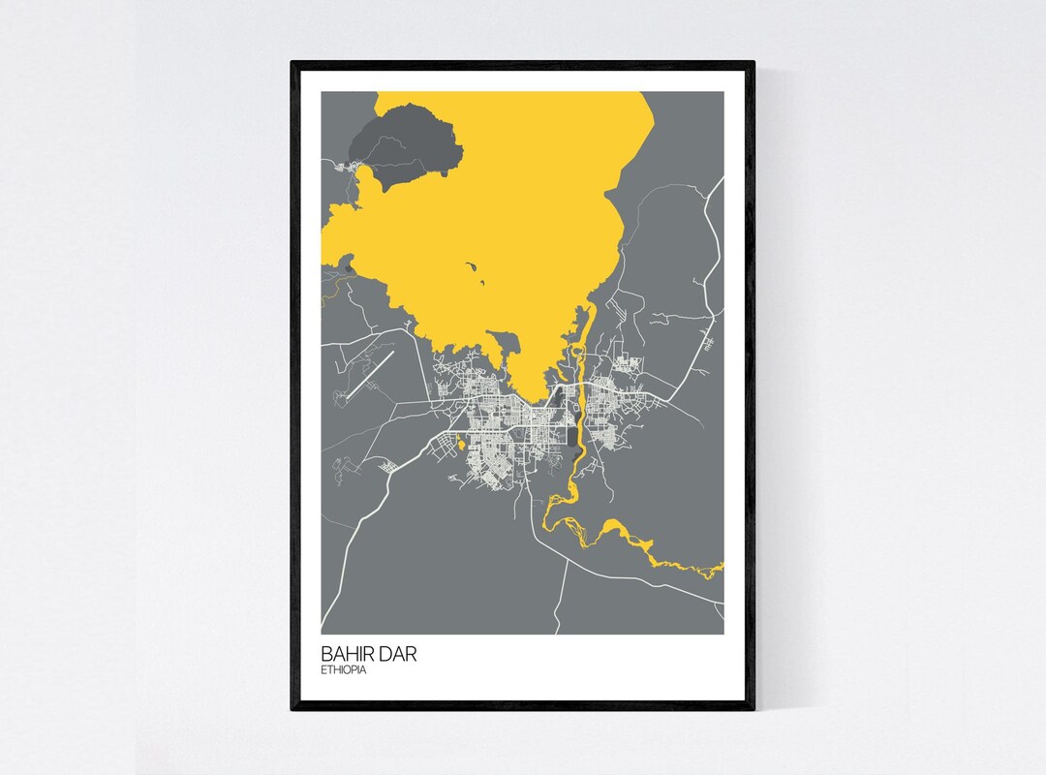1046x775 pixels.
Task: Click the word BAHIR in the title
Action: (346, 654)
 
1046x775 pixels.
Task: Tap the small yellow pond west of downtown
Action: (461, 445)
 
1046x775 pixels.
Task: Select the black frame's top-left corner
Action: (293, 64)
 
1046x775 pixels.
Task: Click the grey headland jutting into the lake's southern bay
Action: (504, 344)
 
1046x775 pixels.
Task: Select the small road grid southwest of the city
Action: (389, 467)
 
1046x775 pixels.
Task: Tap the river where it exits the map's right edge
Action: (720, 569)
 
